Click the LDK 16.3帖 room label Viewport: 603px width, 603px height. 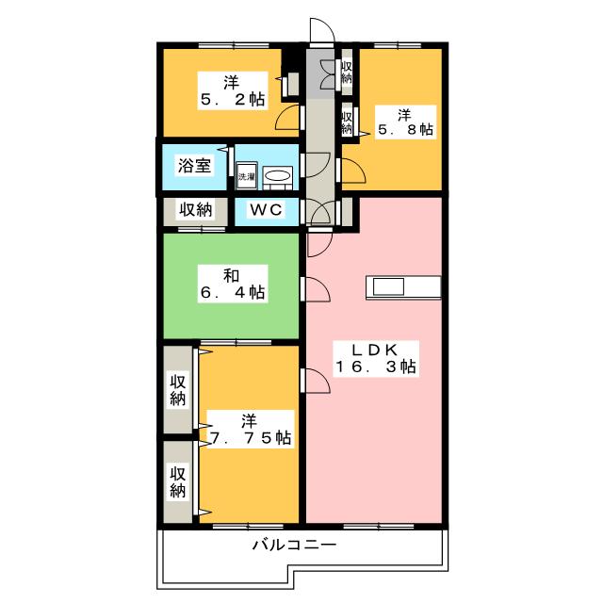376,358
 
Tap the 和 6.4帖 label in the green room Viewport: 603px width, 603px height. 233,285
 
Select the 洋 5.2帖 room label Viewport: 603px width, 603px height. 233,91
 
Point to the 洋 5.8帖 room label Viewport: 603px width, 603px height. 405,122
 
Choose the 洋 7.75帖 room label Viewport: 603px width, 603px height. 251,430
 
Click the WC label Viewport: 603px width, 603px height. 266,209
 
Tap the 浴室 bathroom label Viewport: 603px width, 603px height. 195,166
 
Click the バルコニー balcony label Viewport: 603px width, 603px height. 294,545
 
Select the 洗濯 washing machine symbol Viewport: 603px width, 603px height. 247,176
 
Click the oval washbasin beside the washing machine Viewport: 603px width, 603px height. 277,176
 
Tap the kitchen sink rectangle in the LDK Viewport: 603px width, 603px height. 388,286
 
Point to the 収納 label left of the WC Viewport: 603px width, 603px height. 195,209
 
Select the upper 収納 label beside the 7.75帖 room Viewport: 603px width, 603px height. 178,390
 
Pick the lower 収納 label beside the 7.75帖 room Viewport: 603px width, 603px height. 178,482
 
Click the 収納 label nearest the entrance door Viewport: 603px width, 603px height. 347,72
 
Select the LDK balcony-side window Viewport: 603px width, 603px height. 379,526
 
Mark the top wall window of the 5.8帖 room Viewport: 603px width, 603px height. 398,45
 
